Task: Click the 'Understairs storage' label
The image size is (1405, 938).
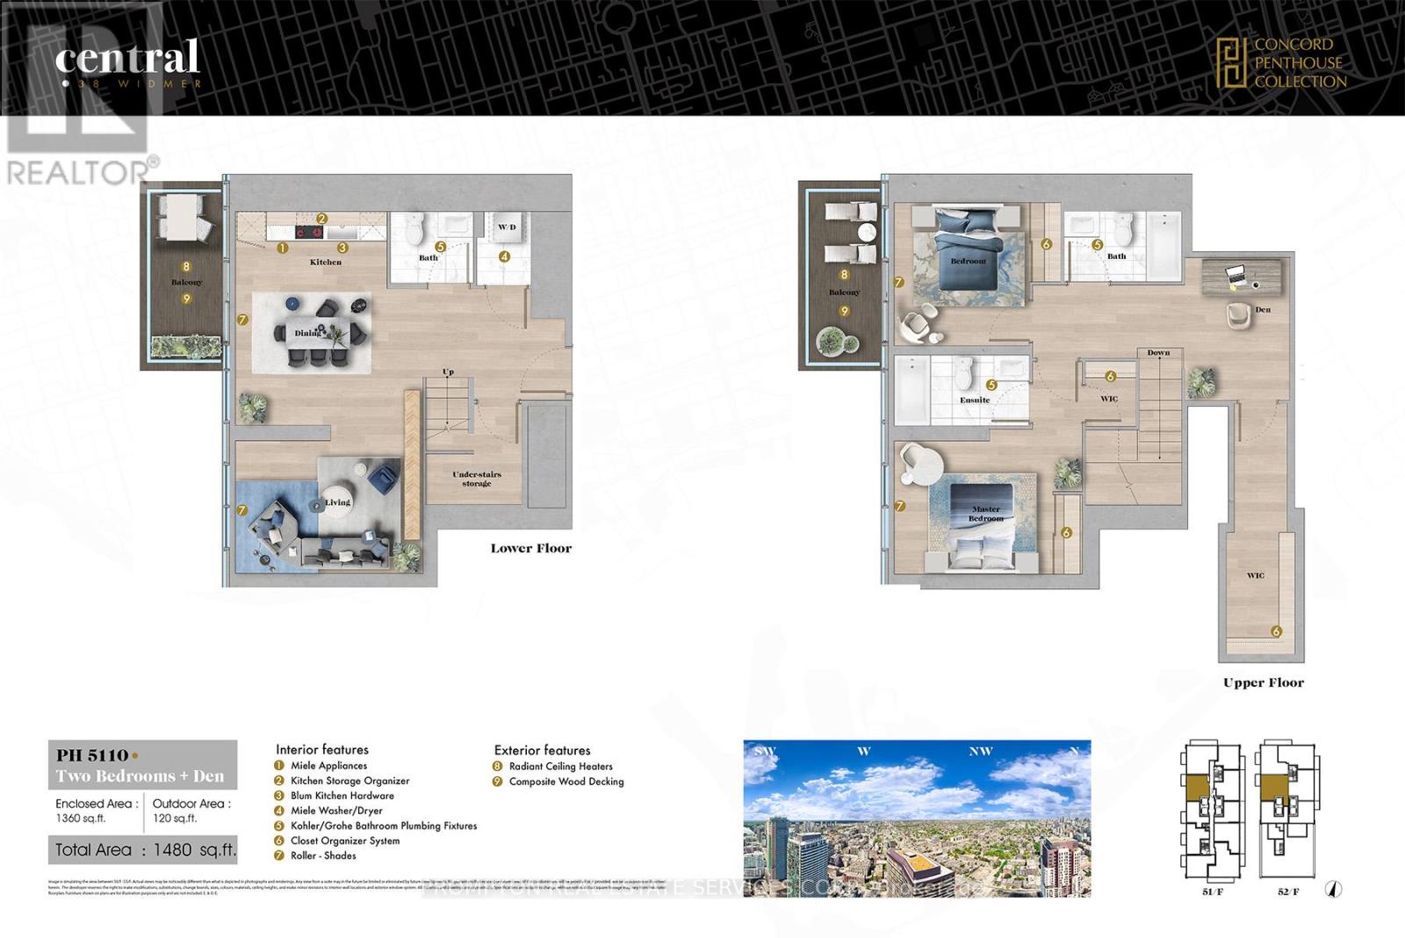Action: point(477,479)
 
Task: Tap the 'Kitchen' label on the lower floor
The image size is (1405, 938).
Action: point(326,262)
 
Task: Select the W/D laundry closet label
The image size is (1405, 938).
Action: point(508,227)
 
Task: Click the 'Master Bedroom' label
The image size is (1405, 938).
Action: point(985,514)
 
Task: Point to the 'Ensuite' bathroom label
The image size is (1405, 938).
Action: point(974,400)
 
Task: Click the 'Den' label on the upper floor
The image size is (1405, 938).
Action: point(1263,309)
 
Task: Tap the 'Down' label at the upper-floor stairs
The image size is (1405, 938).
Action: point(1158,352)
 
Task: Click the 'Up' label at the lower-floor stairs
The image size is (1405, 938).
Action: point(448,372)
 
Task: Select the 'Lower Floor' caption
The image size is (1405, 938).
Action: point(530,548)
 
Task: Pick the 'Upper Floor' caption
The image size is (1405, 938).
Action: point(1263,682)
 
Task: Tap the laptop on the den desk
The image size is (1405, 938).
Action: point(1236,276)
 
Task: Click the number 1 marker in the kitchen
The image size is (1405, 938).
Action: point(283,249)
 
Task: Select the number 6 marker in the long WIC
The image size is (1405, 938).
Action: point(1276,631)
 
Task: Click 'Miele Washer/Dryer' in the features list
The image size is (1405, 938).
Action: point(336,811)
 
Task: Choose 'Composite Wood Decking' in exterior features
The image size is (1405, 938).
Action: point(566,782)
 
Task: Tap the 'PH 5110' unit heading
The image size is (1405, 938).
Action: point(92,755)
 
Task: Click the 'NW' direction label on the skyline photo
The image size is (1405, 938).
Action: point(980,751)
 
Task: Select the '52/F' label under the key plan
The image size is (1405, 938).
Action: point(1288,891)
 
